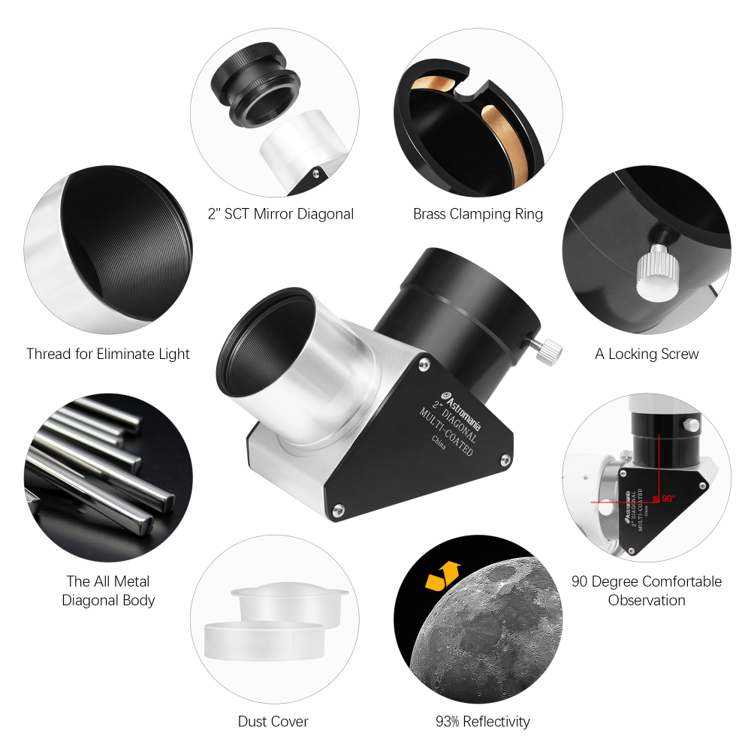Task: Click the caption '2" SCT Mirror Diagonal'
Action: coord(280,214)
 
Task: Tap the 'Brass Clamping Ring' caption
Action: coord(478,214)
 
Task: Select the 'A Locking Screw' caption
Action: coord(647,354)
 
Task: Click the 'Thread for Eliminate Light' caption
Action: coord(108,354)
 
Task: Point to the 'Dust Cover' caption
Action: coord(273,722)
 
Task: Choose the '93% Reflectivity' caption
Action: coord(482,722)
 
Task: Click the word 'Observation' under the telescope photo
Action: coord(647,600)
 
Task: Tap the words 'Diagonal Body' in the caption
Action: coord(108,600)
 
